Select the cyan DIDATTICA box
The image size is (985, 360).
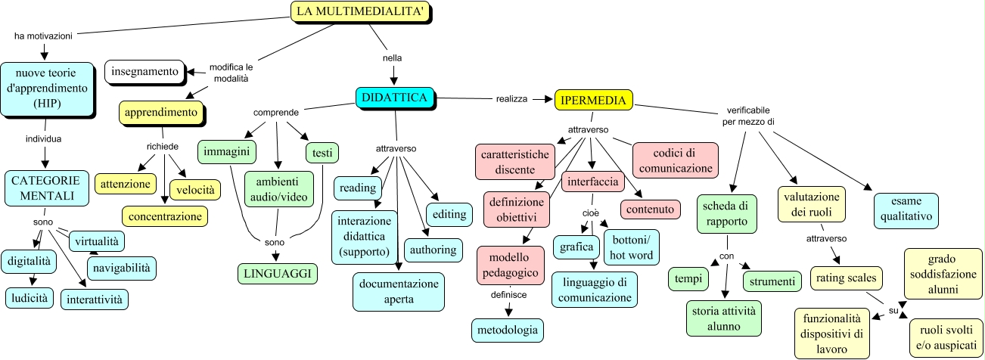[396, 98]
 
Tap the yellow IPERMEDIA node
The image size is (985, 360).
[594, 99]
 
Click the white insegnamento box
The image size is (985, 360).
[144, 72]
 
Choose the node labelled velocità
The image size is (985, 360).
[196, 188]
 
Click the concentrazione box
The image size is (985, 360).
[165, 216]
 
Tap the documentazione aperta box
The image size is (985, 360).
[398, 291]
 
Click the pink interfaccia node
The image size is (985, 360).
[593, 182]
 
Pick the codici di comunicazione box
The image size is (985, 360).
[674, 159]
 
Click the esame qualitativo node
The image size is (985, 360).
[906, 209]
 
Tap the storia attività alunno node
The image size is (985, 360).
[724, 318]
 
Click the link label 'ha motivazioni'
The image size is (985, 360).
[43, 35]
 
